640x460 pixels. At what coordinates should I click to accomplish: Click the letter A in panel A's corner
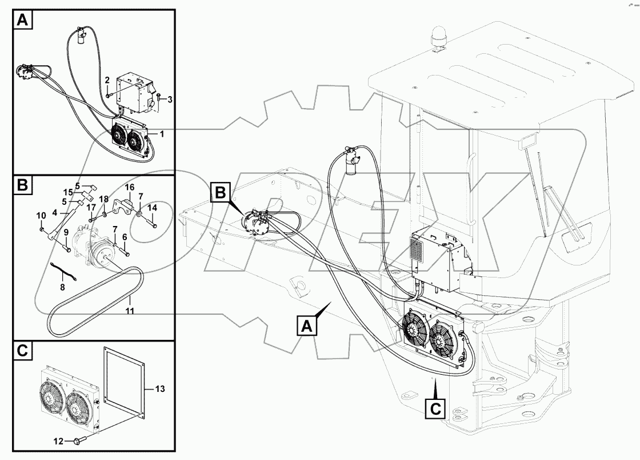click(x=22, y=21)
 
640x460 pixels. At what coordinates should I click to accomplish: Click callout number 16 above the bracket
click(x=129, y=188)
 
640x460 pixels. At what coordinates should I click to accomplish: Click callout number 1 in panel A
click(x=162, y=133)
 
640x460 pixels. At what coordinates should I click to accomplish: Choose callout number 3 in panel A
click(x=169, y=100)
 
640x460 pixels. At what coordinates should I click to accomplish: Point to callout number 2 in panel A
click(x=107, y=81)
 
